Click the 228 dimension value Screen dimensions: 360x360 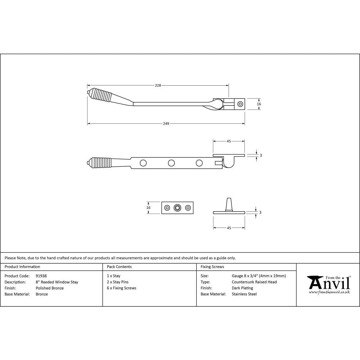158,85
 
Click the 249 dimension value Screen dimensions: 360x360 166,123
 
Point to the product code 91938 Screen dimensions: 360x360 41,276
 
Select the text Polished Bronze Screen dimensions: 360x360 50,288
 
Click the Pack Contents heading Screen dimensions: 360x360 119,267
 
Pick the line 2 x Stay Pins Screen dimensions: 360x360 118,282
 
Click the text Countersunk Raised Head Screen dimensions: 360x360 254,282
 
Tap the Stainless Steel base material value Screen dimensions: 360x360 244,294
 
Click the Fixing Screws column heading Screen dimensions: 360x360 212,267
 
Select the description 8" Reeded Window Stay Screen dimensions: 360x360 57,282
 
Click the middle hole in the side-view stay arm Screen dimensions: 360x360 171,163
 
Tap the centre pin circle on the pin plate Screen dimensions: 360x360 177,208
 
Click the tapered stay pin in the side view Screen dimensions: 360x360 229,204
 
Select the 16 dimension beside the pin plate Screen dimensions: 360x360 149,207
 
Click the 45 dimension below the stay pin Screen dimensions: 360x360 229,228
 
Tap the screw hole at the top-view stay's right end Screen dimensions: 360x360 240,104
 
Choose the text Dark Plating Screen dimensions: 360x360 242,288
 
